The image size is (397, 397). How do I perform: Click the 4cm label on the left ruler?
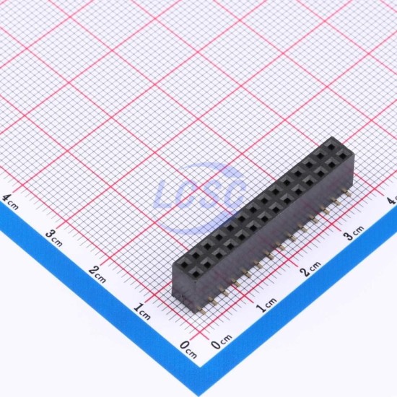[x=10, y=202]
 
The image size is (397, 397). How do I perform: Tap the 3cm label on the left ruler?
[x=53, y=238]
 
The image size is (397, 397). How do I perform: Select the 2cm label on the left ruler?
[x=97, y=274]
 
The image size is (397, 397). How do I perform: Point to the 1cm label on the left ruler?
[x=141, y=311]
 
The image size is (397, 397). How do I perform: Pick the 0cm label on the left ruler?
[x=188, y=349]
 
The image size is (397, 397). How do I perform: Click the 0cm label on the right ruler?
[x=222, y=342]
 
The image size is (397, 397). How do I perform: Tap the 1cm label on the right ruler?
[x=266, y=305]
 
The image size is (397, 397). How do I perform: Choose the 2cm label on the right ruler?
[x=310, y=269]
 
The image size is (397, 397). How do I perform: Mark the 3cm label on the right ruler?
[x=354, y=232]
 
